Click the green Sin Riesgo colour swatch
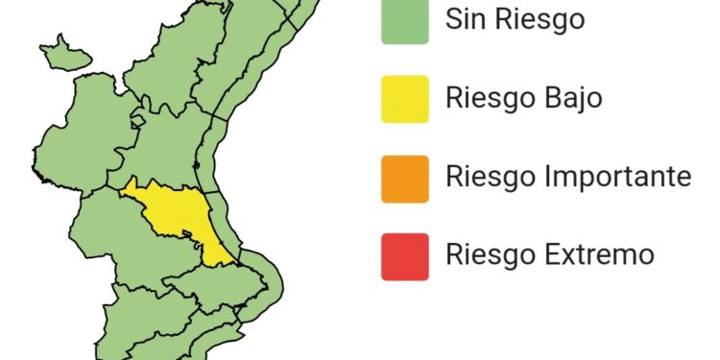[x=404, y=21]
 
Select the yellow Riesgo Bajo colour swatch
[x=404, y=99]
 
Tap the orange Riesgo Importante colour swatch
[x=404, y=178]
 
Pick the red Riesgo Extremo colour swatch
[x=404, y=255]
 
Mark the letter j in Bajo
[x=581, y=101]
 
